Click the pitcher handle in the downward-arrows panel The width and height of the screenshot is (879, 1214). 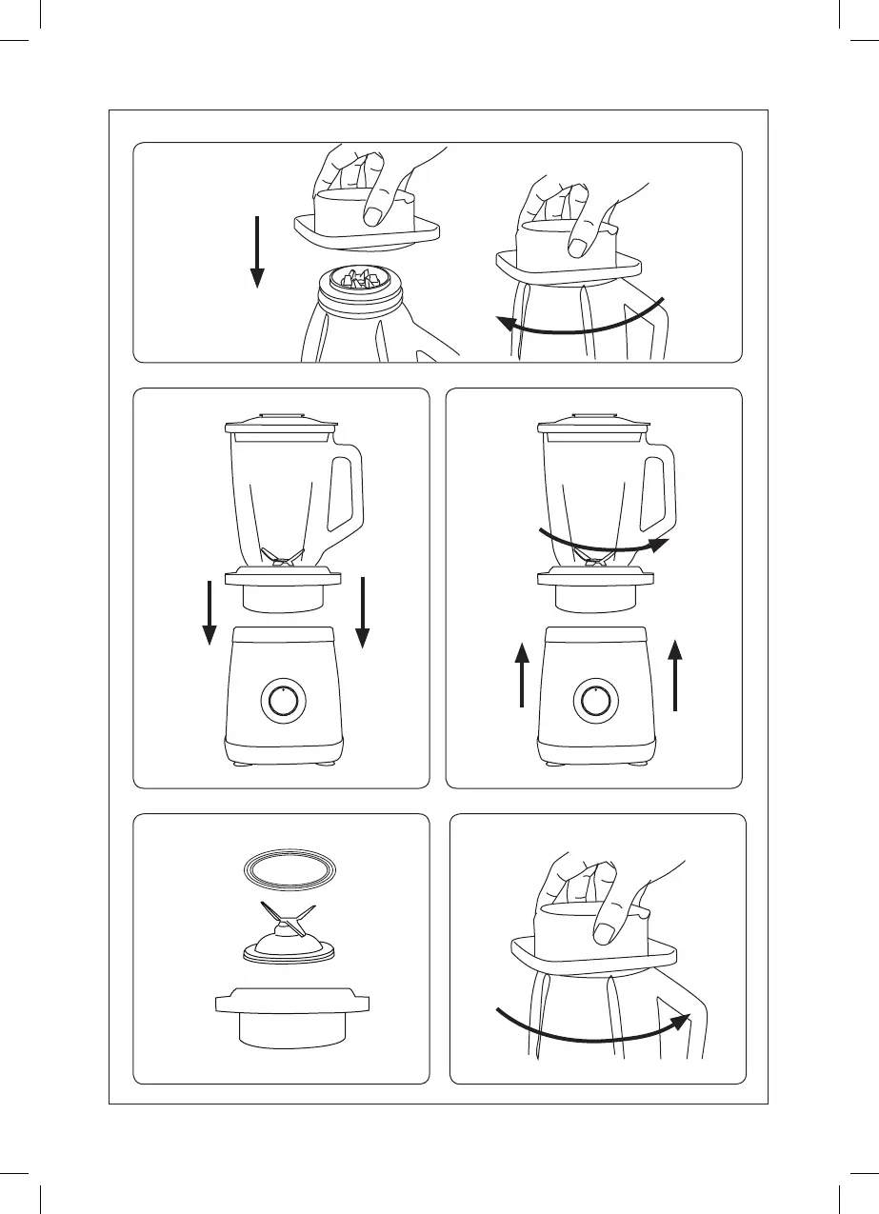pos(345,495)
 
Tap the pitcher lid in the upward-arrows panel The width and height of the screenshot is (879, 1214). pos(596,423)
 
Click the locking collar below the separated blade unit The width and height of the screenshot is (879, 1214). pos(291,1019)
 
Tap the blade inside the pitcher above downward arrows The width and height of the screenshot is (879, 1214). pos(282,557)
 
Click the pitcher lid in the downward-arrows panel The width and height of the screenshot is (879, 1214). pos(282,423)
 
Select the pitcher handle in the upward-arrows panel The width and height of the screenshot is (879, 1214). pos(659,495)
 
